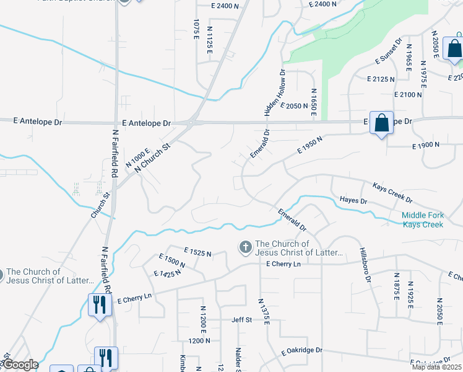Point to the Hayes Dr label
click(x=353, y=200)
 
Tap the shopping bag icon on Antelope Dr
click(x=382, y=123)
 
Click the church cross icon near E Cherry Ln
click(x=245, y=248)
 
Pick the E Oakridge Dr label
click(x=301, y=350)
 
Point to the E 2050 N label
click(x=294, y=106)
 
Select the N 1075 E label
click(x=196, y=30)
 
